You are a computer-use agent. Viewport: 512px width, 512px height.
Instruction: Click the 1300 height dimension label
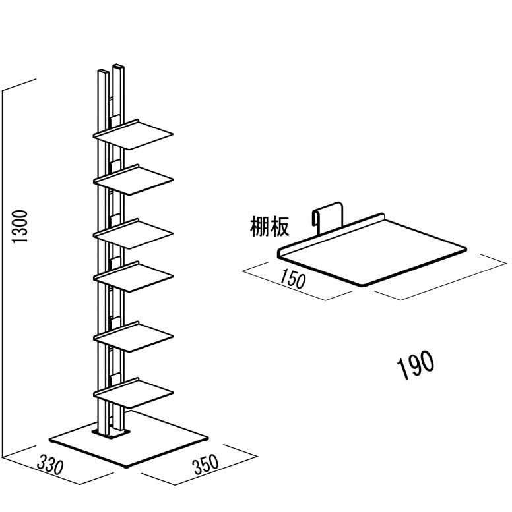(21, 227)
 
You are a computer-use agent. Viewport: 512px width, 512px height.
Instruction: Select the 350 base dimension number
(206, 466)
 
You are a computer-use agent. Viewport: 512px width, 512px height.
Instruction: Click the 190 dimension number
(416, 362)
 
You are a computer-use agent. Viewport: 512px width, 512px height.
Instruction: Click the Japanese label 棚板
(269, 228)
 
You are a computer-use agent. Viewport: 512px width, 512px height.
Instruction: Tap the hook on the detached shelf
(327, 214)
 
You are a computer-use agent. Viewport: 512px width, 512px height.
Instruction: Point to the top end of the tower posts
(110, 69)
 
